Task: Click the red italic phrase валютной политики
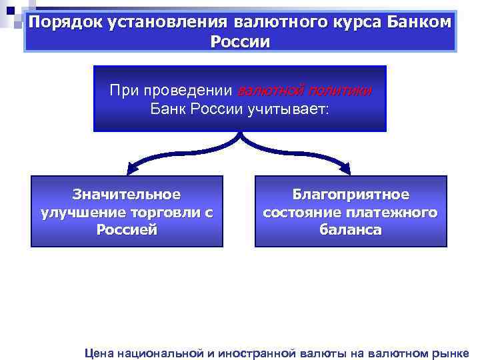coord(304,91)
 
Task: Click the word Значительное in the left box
coord(127,195)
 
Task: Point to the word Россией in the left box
coord(127,231)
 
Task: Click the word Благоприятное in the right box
coord(351,195)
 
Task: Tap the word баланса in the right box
coord(351,231)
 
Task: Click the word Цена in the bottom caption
coord(100,353)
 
